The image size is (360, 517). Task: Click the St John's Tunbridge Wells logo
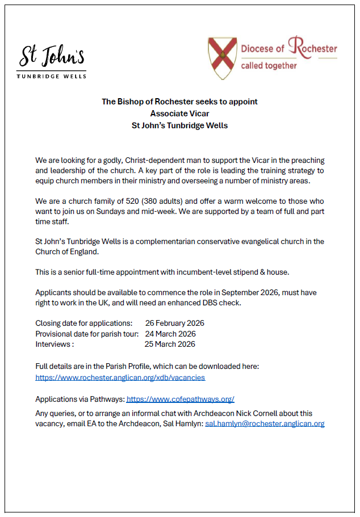click(x=52, y=61)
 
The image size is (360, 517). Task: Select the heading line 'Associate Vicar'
click(x=179, y=114)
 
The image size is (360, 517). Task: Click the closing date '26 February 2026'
click(x=175, y=323)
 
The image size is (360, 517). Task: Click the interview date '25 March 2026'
click(x=170, y=344)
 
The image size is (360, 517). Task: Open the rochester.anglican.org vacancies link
click(x=120, y=377)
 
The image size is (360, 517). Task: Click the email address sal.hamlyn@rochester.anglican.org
click(x=265, y=424)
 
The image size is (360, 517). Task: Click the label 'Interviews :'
click(x=55, y=344)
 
